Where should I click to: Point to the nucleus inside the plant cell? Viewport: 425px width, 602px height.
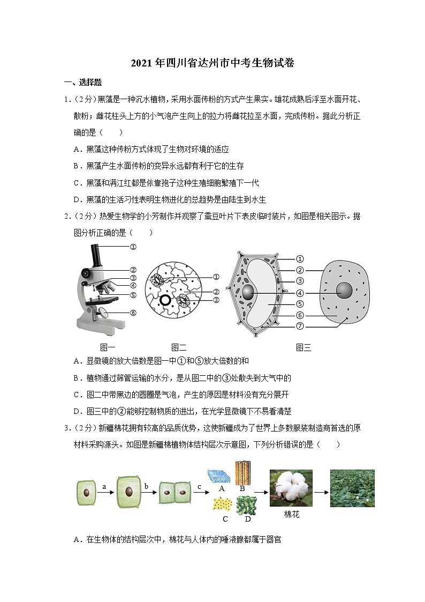click(248, 293)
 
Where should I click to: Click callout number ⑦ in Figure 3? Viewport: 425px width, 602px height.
click(300, 326)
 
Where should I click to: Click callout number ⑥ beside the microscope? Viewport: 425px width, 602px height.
click(133, 313)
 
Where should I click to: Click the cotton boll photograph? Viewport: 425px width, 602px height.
click(291, 488)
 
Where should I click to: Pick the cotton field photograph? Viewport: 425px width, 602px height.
click(352, 488)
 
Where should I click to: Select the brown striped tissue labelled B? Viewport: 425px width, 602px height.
click(243, 472)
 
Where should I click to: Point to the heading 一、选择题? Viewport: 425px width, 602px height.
click(83, 83)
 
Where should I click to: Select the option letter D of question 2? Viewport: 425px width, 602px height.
click(76, 412)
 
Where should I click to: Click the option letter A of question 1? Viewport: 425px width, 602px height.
click(76, 150)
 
